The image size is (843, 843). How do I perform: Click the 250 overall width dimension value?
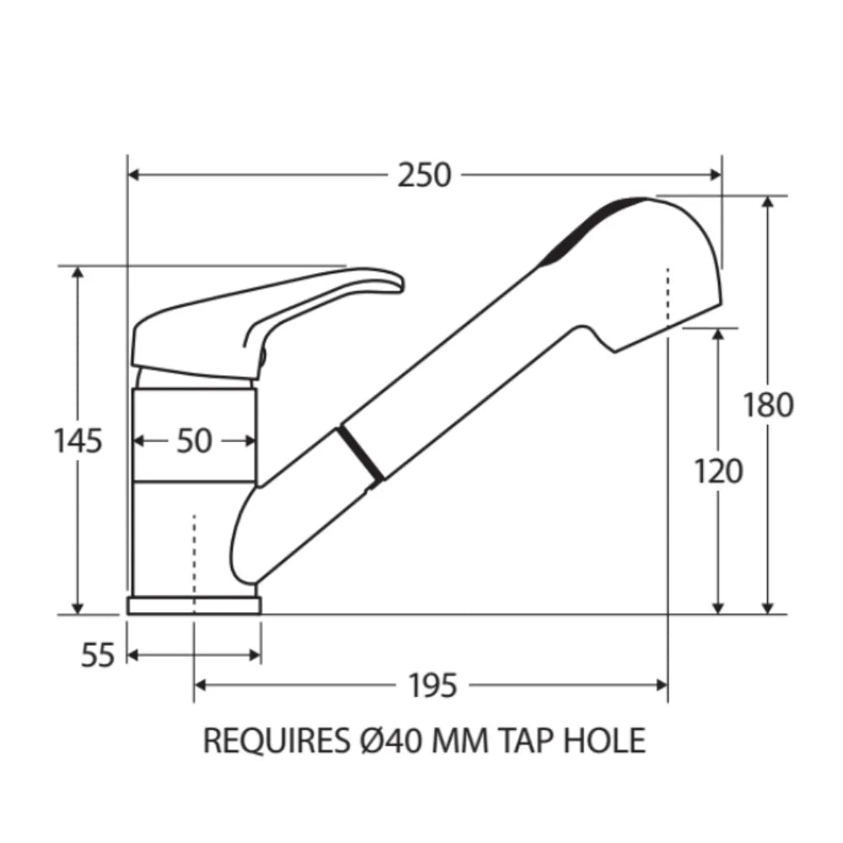pos(425,175)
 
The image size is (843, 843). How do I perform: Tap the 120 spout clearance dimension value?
pos(718,471)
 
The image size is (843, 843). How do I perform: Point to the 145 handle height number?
pos(78,440)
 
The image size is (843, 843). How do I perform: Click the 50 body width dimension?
pos(194,441)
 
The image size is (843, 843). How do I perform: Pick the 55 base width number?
pos(97,655)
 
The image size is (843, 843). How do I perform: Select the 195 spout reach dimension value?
pos(432,686)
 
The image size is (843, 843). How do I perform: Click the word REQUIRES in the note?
pos(272,740)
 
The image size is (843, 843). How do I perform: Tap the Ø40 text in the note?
pos(379,740)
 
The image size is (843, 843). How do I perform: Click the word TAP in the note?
pos(528,740)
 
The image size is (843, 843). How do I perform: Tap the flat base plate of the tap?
pos(194,605)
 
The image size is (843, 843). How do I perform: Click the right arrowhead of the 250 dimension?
pos(717,175)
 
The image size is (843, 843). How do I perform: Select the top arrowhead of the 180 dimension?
pos(768,203)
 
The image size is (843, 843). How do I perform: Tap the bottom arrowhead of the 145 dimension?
pos(78,608)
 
